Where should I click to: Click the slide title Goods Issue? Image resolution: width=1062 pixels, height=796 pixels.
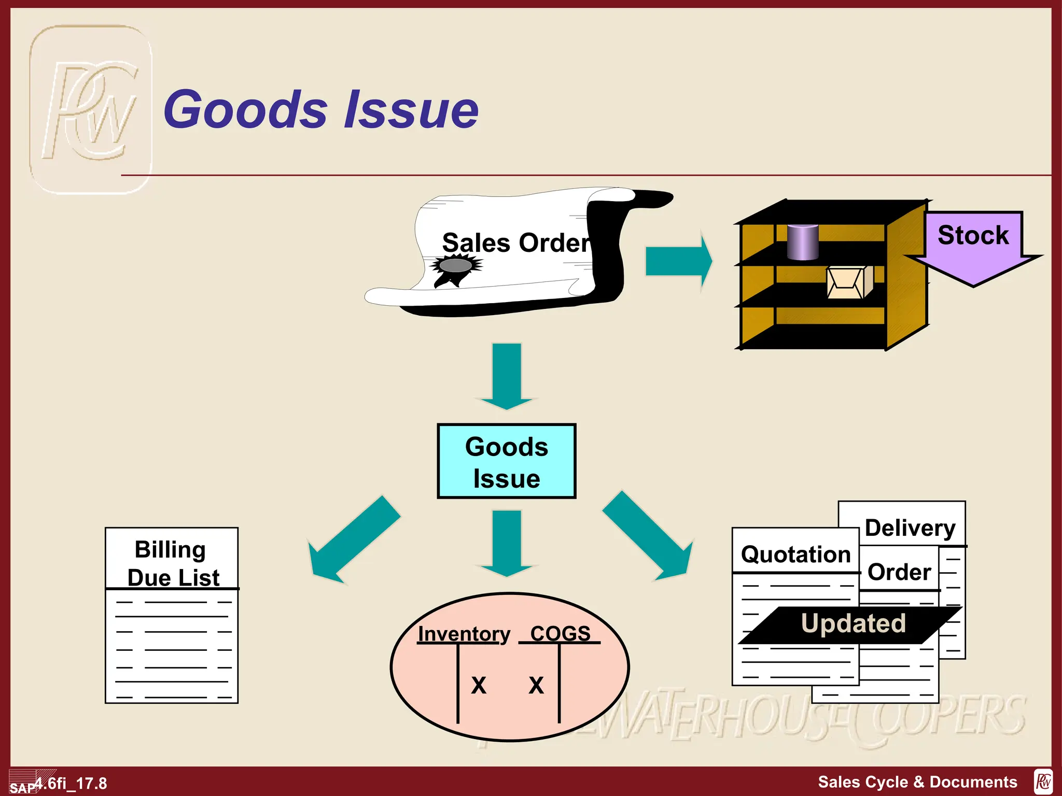click(321, 109)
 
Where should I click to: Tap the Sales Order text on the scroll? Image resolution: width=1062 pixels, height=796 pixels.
click(516, 243)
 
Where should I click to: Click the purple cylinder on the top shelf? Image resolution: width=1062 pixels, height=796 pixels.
click(802, 242)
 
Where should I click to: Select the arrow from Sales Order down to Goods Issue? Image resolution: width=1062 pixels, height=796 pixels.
click(507, 375)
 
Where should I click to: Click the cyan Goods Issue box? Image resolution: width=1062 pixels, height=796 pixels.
click(507, 461)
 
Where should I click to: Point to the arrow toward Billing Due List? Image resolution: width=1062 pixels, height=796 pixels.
click(353, 542)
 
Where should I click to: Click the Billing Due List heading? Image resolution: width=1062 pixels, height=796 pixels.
click(172, 563)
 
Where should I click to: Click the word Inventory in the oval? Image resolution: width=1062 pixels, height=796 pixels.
click(464, 634)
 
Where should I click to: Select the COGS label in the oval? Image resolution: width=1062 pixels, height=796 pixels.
click(560, 633)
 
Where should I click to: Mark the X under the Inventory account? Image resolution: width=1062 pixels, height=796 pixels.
click(478, 685)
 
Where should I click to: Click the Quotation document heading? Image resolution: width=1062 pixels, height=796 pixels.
click(795, 554)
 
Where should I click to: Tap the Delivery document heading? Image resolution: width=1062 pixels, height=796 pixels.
click(910, 528)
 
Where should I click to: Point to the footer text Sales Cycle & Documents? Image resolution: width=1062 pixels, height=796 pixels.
click(917, 781)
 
